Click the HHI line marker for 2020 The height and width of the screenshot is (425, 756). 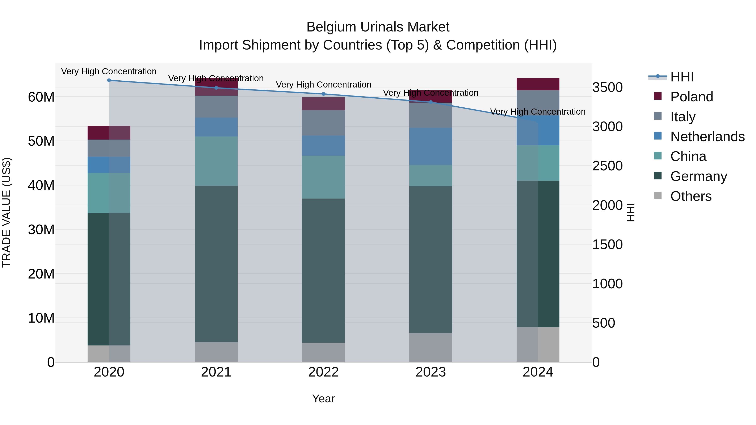(109, 80)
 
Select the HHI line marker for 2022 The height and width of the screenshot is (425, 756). (323, 94)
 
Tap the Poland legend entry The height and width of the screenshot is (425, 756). (692, 97)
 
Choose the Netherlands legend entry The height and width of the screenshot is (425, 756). (707, 137)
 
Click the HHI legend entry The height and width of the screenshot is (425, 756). (682, 77)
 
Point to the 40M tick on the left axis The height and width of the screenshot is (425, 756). (41, 185)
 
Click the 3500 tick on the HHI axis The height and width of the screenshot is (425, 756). (607, 87)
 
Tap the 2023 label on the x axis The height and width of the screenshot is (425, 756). (430, 372)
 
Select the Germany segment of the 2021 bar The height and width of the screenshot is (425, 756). (216, 264)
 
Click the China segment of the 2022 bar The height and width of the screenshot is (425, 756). (323, 177)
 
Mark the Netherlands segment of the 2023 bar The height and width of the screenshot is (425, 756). (430, 146)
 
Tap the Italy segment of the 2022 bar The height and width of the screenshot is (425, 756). (323, 123)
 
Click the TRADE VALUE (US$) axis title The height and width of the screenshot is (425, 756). (7, 212)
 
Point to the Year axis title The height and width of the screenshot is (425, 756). (323, 399)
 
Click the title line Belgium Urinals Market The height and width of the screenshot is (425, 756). (378, 27)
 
